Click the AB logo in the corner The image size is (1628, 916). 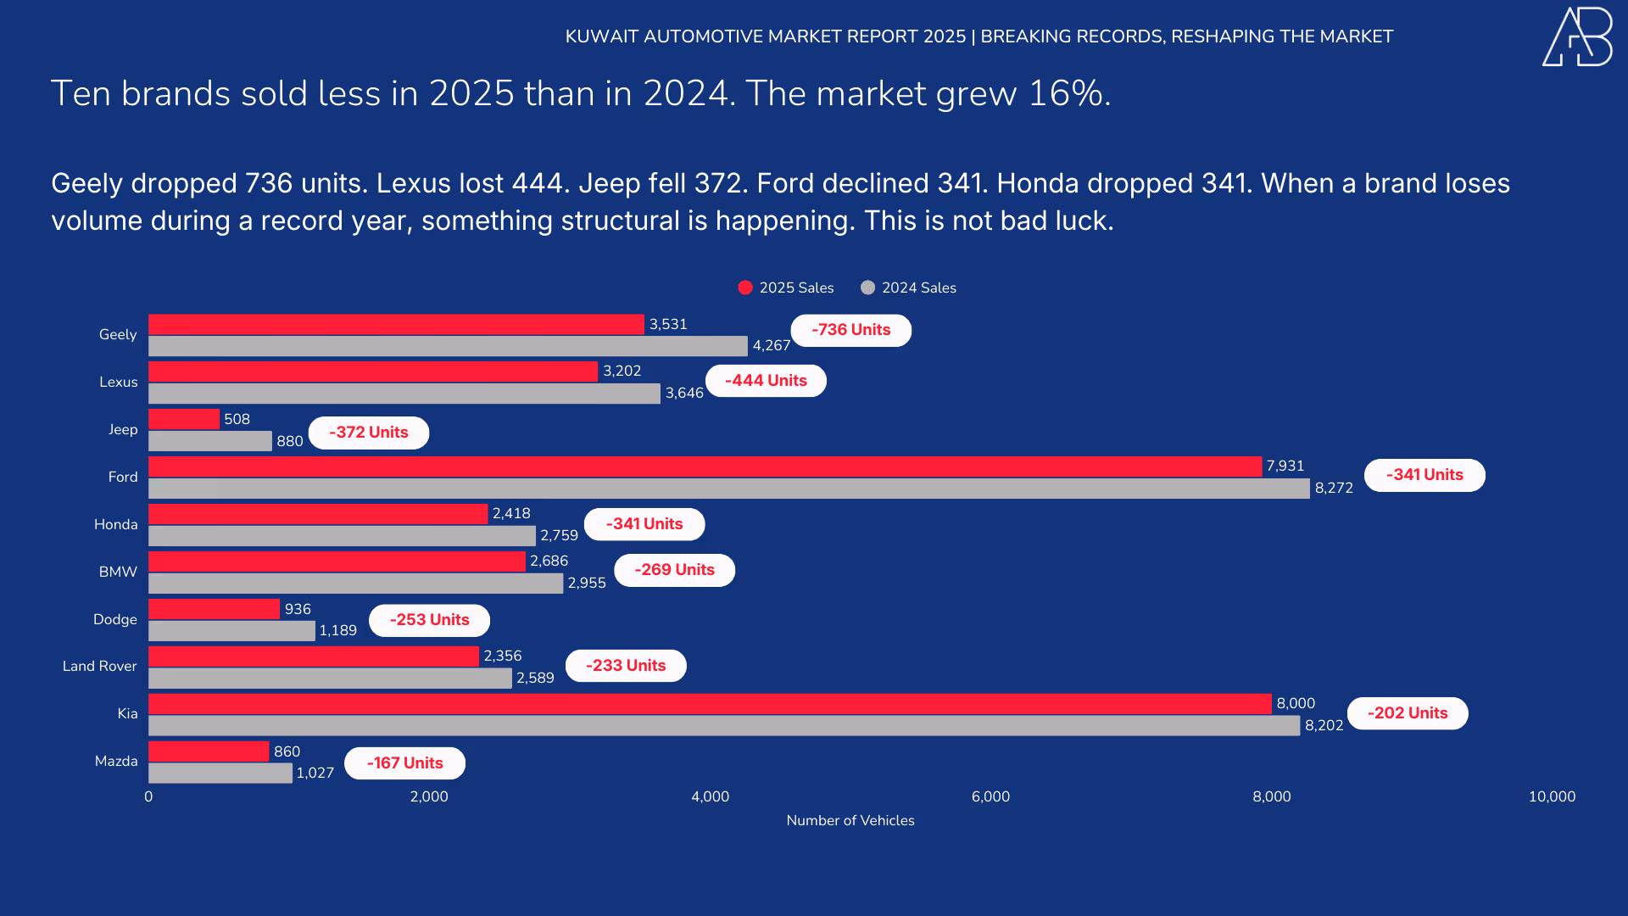1577,36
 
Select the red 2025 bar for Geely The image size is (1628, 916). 396,325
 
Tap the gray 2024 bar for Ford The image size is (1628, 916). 729,489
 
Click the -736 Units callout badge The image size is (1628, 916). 850,330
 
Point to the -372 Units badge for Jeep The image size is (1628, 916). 368,433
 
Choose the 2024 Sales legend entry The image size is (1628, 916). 908,288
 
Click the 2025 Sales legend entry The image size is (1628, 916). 786,288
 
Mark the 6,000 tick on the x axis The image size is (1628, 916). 990,796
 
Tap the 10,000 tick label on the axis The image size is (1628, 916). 1552,796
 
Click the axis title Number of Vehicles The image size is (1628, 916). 850,820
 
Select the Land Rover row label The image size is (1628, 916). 99,666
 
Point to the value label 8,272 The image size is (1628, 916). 1334,488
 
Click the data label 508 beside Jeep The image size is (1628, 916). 237,419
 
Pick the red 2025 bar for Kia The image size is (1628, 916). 710,704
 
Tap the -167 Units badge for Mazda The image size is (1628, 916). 404,763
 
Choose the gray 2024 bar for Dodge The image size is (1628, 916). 231,631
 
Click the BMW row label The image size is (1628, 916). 118,572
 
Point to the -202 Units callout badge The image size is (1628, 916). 1408,713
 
